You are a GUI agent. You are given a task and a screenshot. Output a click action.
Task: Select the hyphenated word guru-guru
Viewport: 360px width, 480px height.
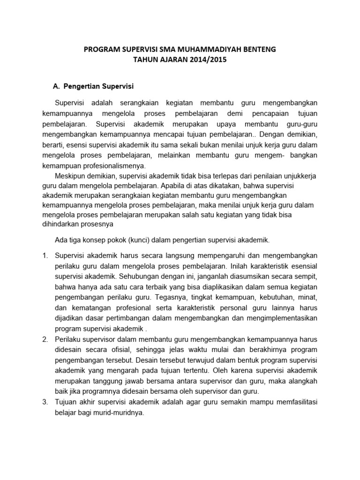pyautogui.click(x=302, y=124)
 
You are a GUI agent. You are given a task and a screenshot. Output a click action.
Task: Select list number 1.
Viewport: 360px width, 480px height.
pyautogui.click(x=45, y=255)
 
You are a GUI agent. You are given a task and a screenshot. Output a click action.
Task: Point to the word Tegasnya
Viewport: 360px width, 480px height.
pyautogui.click(x=195, y=297)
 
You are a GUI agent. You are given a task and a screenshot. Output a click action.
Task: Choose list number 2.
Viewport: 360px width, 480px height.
pyautogui.click(x=45, y=339)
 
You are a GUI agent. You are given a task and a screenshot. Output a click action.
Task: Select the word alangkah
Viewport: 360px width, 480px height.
pyautogui.click(x=300, y=381)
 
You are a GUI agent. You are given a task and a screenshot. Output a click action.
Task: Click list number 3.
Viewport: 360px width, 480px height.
pyautogui.click(x=45, y=402)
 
